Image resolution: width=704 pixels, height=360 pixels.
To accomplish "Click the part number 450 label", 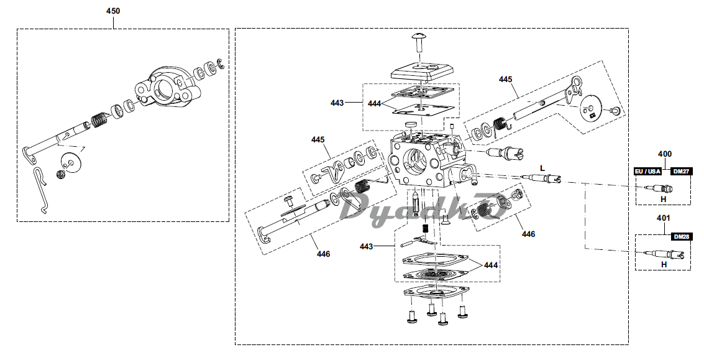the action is [x=112, y=11].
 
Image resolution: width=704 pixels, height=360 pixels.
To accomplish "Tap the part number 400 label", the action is [x=664, y=154].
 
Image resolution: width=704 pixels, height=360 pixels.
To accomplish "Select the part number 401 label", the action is [x=663, y=218].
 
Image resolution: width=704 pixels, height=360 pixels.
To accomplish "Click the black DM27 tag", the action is [x=680, y=171].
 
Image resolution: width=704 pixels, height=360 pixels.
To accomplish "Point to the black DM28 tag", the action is [x=681, y=236].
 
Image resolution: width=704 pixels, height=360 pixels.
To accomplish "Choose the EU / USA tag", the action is [x=647, y=171].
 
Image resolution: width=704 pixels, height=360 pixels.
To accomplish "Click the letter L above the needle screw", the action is [x=542, y=168].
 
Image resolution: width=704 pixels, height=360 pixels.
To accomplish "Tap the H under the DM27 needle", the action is [x=663, y=199].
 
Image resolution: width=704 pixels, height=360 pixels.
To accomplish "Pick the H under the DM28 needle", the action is [x=664, y=265].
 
